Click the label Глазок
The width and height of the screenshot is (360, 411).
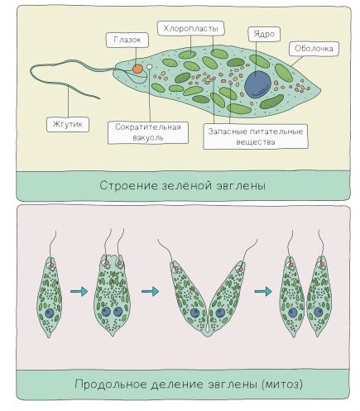point(127,40)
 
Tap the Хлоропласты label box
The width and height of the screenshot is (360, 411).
point(190,28)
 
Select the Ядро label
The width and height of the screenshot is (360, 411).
point(264,34)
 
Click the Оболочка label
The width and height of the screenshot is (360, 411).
point(314,49)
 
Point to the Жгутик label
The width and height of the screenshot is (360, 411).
point(68,124)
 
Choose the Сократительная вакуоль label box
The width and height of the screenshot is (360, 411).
point(148,132)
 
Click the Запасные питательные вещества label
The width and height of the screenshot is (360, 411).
point(256,136)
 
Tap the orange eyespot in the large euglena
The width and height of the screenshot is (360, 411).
point(137,69)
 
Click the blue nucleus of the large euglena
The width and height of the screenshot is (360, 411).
point(258,84)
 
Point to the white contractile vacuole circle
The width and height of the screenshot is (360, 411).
point(149,67)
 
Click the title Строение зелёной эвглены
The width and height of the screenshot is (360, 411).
point(183,185)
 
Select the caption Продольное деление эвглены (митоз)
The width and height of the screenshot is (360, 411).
point(189,384)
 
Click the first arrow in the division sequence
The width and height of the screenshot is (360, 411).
point(79,291)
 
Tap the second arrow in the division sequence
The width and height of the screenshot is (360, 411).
point(150,291)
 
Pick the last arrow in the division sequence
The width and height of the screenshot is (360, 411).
point(263,291)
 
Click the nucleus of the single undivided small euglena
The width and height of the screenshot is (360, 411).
point(50,313)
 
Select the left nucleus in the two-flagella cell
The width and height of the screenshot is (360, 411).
point(106,312)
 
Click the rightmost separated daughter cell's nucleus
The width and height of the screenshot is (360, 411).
point(319,313)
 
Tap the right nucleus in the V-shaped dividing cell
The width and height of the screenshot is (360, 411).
point(220,313)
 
